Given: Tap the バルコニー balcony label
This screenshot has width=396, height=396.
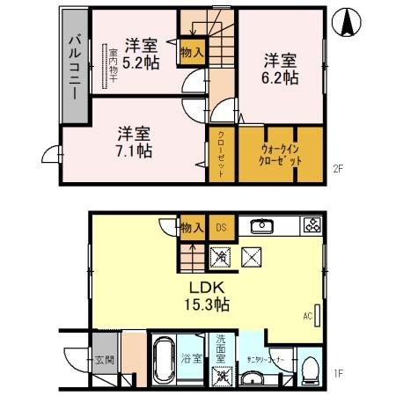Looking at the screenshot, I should pos(74,66).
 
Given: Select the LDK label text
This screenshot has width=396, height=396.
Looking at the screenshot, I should pos(208,288).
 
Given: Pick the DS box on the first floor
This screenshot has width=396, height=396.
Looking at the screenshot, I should pos(222,228).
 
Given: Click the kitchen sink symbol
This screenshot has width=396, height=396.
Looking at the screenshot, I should pos(260,226).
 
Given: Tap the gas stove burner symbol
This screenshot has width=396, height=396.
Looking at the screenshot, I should pos(312,224).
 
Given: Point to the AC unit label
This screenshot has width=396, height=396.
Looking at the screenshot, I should pos(307,314).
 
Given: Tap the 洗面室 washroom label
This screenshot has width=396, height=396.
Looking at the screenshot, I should pos(223,349).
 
